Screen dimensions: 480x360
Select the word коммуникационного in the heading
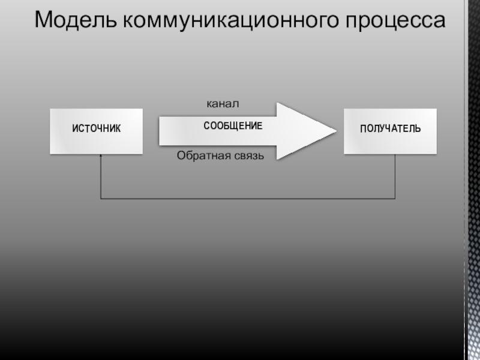coord(232,20)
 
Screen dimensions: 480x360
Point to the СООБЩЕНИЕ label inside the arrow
coord(233,126)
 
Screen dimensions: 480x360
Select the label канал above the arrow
coord(223,104)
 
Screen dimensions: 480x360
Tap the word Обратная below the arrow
coord(200,156)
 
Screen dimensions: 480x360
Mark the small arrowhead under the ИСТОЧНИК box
coord(101,155)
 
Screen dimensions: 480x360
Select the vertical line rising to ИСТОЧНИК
coord(101,177)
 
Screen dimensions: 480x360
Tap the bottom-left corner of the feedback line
coord(101,198)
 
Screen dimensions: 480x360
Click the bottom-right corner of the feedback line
coord(395,198)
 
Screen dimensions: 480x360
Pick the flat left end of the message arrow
coord(160,131)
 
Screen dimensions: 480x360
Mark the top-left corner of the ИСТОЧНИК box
coord(50,110)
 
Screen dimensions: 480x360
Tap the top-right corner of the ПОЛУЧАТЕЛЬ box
coord(436,110)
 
